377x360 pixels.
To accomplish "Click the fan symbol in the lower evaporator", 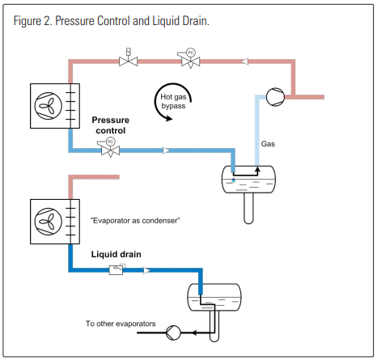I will tap(45, 219).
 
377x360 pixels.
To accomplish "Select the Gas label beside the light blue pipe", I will tap(269, 144).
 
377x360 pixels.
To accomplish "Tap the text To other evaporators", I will tap(121, 324).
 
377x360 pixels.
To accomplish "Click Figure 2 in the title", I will tap(35, 20).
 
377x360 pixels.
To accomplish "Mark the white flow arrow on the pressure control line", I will tap(167, 150).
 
